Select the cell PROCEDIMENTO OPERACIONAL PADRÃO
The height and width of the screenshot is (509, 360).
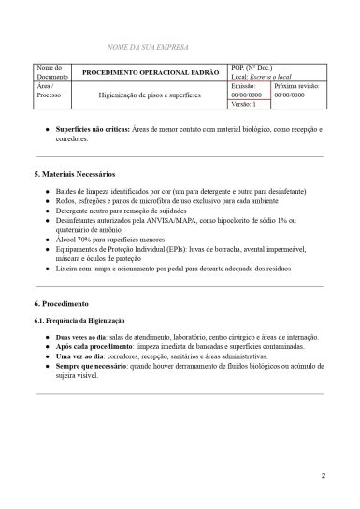(x=151, y=72)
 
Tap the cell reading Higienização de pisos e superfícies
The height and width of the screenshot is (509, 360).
(x=151, y=95)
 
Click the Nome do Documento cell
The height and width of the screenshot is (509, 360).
(x=50, y=72)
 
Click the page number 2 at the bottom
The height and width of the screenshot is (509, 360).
(x=323, y=477)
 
